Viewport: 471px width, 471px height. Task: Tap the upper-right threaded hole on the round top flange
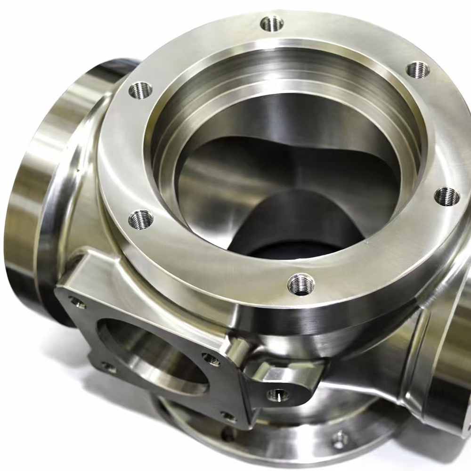[x=417, y=70]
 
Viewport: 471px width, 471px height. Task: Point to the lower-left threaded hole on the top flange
[x=141, y=219]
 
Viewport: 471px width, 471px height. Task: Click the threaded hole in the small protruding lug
[x=278, y=395]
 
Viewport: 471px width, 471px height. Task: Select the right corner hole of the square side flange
[x=211, y=359]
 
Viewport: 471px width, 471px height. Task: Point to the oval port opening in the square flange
[x=151, y=358]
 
